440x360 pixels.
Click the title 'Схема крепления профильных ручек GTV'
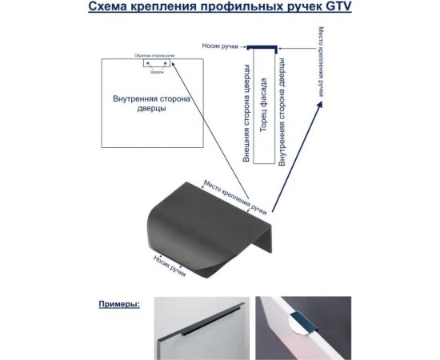[218, 10]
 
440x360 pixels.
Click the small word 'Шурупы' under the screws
[156, 70]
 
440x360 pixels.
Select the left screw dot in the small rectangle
[149, 62]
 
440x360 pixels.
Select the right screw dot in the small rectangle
[165, 62]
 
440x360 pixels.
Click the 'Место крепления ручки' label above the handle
[235, 197]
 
